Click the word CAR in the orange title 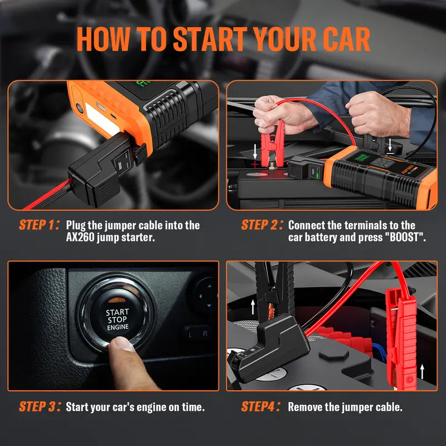coord(346,39)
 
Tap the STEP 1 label coord(39,225)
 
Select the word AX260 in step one coord(80,237)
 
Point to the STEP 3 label coord(40,407)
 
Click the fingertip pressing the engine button coord(121,344)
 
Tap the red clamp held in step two coord(272,144)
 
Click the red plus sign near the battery coord(255,164)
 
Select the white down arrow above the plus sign coord(255,151)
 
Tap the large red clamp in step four coord(401,338)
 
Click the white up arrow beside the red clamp coord(423,371)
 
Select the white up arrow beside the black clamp coord(253,307)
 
